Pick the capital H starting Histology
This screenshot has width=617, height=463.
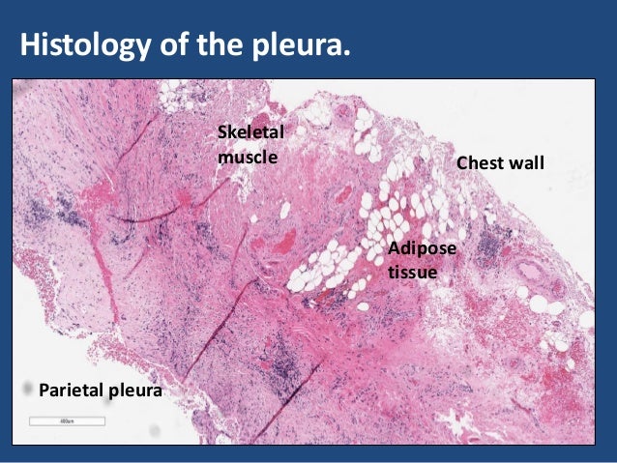30,44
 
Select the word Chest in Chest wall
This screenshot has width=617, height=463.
481,163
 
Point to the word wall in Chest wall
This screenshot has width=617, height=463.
528,163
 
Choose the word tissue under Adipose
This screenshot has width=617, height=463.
412,273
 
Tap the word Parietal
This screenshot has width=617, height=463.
70,391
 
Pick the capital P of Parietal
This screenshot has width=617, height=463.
42,391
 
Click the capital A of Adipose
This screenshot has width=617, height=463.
393,250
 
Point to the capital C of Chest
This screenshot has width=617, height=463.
462,163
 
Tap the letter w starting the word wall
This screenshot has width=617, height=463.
515,164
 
